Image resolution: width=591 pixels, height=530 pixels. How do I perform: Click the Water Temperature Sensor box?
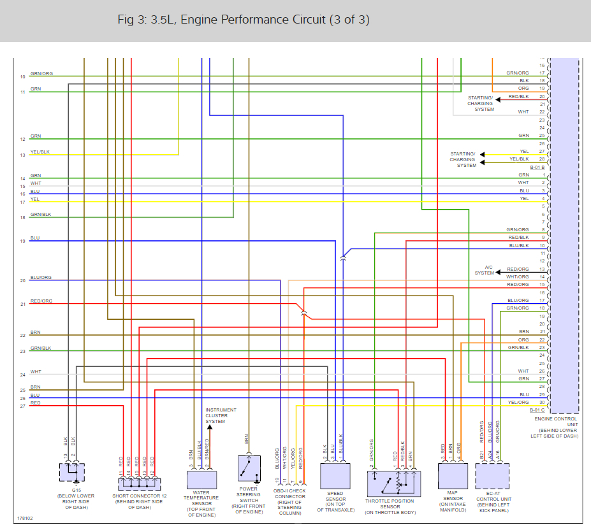click(x=201, y=480)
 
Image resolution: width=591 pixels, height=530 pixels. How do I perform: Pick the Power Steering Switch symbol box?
click(x=249, y=470)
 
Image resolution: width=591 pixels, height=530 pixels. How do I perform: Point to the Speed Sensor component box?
click(x=335, y=475)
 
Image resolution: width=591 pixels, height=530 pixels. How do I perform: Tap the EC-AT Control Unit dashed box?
click(x=492, y=476)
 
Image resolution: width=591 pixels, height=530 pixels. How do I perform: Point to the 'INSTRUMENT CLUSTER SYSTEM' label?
click(x=221, y=415)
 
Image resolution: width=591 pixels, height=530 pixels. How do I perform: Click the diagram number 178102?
click(x=25, y=518)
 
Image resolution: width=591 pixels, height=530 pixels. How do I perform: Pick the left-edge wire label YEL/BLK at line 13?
click(x=40, y=152)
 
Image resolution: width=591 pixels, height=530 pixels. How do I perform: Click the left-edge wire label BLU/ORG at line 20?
click(x=41, y=278)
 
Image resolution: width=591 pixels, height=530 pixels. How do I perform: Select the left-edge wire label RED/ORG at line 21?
click(x=41, y=301)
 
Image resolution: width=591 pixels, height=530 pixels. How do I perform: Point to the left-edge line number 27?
click(x=22, y=405)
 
